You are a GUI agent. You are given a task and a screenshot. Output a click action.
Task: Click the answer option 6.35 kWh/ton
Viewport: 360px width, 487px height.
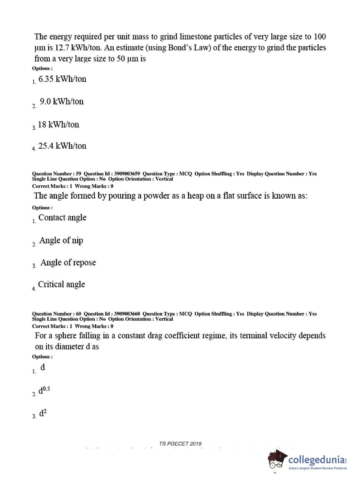coord(62,79)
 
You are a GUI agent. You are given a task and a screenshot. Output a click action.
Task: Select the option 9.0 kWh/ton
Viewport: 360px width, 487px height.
coord(62,102)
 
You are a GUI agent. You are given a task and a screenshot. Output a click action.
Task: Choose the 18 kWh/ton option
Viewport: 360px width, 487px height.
coord(58,125)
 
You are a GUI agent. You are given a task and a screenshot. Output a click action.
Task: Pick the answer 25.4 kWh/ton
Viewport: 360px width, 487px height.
coord(62,146)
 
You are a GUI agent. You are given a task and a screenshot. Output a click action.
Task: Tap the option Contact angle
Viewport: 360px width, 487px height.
coord(62,217)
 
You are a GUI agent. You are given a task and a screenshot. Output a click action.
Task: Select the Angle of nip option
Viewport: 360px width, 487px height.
coord(61,240)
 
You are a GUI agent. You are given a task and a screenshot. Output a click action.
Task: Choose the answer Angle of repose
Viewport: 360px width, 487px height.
coord(68,262)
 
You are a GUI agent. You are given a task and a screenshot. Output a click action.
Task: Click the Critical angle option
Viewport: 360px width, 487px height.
coord(62,284)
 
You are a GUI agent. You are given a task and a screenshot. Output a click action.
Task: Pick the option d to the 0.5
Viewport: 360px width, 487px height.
coord(44,390)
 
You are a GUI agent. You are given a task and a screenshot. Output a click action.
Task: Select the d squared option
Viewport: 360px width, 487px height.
coord(43,413)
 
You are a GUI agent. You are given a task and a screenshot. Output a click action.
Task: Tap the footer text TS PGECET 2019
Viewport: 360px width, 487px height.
coord(180,443)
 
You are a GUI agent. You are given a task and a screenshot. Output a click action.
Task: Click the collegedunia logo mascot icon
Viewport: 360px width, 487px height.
coord(277,460)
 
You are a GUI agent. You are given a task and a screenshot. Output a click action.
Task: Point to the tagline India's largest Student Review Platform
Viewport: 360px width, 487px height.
coord(318,468)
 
